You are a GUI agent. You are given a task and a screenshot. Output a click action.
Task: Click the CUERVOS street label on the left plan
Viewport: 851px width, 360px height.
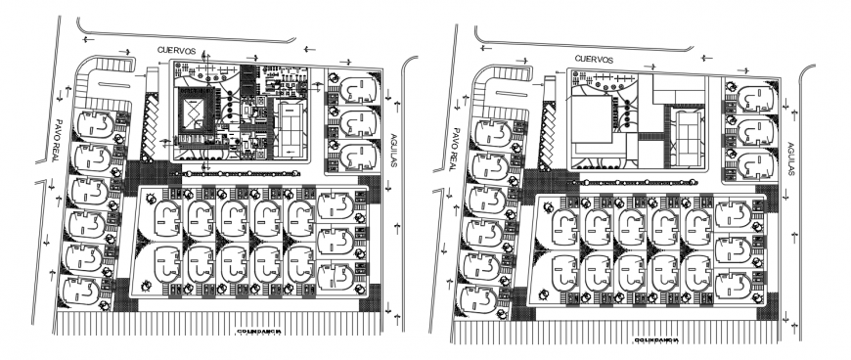click(181, 49)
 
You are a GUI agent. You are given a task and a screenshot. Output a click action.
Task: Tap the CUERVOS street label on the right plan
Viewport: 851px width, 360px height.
click(593, 60)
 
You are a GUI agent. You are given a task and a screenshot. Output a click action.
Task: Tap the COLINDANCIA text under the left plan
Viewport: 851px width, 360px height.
click(259, 331)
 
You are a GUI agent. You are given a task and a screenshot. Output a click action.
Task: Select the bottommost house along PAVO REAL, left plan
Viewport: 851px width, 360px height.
click(83, 291)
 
